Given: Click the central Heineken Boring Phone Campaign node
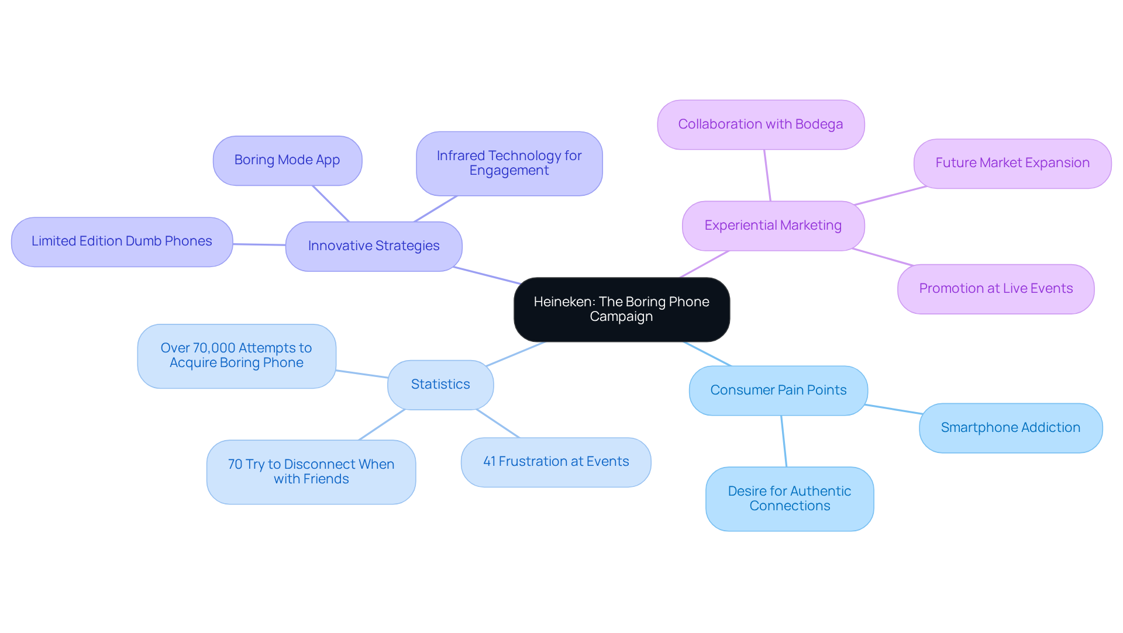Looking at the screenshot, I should tap(621, 309).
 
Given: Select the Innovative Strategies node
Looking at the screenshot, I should tap(374, 246).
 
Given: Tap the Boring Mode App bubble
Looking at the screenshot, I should tap(287, 160).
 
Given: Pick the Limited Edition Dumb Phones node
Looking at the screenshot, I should tap(122, 241).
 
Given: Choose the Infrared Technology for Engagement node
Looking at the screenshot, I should tap(509, 163).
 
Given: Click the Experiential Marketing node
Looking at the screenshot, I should tap(773, 226).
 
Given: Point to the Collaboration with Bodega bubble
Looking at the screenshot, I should tap(760, 124).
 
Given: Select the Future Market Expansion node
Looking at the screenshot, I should tap(1012, 163).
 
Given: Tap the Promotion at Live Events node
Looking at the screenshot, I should tap(995, 289).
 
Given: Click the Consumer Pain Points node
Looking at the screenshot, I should tap(778, 390).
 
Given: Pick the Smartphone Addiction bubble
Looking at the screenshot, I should tap(1010, 428).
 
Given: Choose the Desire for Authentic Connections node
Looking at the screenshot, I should tap(789, 499).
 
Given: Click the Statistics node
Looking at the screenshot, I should tap(440, 385).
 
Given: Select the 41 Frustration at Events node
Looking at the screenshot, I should tap(556, 462).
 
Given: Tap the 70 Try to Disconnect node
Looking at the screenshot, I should tap(311, 472).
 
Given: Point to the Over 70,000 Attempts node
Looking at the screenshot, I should tap(236, 355).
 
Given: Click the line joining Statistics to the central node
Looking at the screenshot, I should tap(515, 354).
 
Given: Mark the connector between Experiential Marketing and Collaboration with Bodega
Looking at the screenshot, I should tap(767, 175).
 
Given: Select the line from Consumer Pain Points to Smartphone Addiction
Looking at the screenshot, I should tap(893, 409).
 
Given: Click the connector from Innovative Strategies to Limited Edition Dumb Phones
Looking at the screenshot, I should tap(259, 244).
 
